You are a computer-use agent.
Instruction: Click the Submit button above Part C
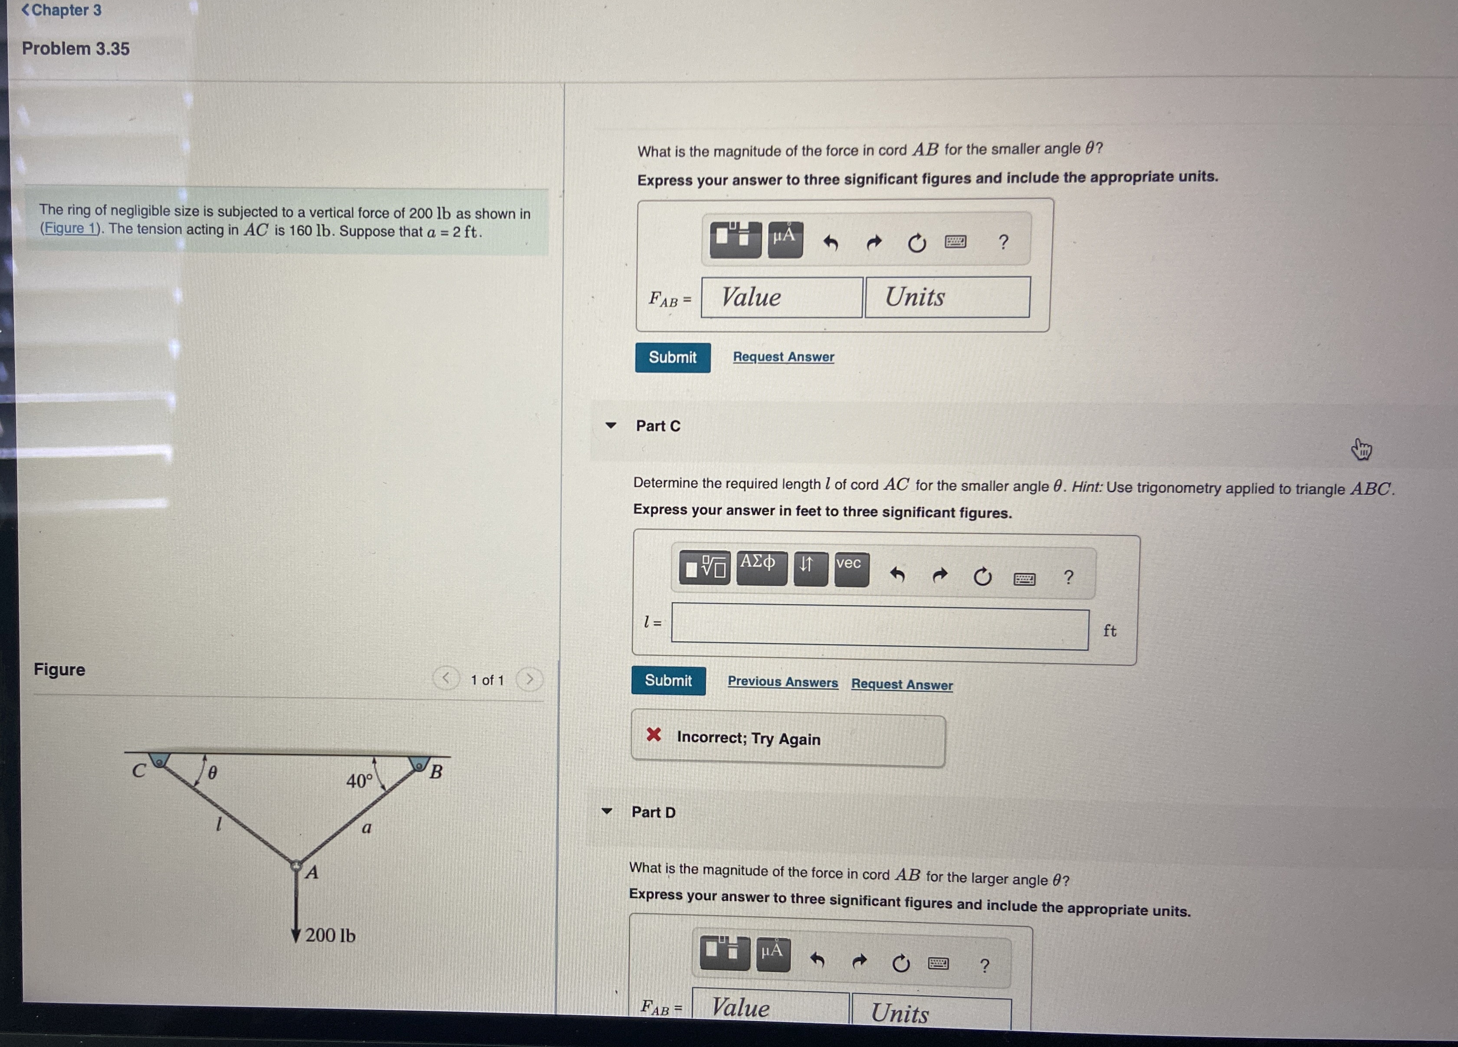pos(673,357)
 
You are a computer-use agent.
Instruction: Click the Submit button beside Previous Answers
pos(668,681)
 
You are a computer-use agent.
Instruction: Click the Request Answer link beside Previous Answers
pos(902,684)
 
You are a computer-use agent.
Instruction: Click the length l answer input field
pos(880,627)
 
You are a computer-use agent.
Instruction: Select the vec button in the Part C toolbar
pos(851,569)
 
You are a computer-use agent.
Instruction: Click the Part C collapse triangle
pos(611,425)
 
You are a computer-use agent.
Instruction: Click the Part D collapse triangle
pos(606,811)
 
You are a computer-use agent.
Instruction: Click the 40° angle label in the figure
pos(359,781)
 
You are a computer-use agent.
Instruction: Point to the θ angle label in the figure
pos(212,772)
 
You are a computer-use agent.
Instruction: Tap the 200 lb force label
pos(330,935)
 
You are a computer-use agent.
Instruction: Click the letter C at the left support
pos(139,771)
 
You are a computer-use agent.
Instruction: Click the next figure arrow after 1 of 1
pos(530,679)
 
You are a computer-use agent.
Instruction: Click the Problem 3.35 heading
pos(76,49)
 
